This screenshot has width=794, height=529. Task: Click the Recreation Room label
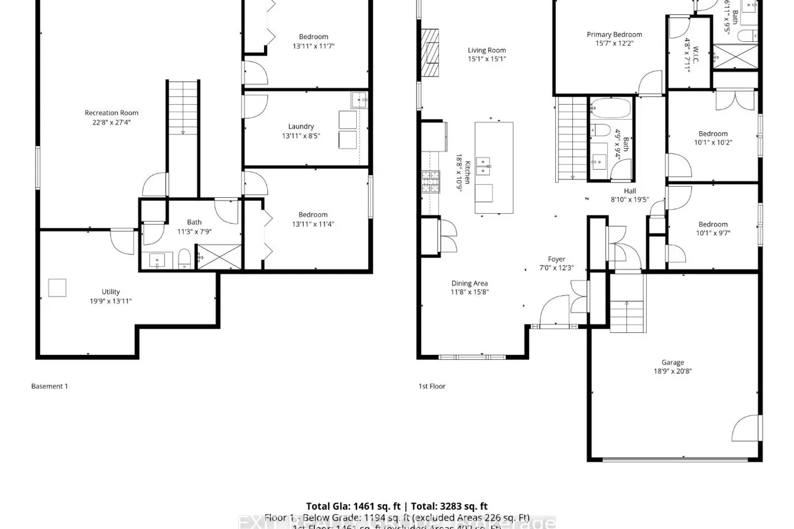pos(111,113)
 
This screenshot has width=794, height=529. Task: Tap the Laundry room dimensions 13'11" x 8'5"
pos(301,136)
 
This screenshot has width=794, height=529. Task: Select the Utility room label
pos(111,291)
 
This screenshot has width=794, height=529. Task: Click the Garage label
pos(672,362)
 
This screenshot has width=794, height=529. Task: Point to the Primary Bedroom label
pos(614,34)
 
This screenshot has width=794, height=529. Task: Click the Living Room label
pos(486,50)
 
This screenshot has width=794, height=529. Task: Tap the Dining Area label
pos(469,283)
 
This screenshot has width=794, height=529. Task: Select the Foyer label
pos(556,259)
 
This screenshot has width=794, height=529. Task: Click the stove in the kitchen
pos(430,181)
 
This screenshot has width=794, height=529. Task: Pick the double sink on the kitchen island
pos(483,166)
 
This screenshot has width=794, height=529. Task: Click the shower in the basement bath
pos(219,257)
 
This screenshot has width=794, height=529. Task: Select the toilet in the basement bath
pos(184,259)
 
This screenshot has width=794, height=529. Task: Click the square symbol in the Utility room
pos(57,288)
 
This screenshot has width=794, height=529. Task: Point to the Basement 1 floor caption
pos(49,386)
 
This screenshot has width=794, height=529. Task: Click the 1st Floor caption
pos(432,386)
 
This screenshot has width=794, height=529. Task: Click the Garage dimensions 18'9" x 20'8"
pos(672,371)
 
